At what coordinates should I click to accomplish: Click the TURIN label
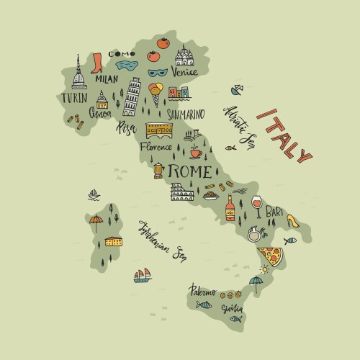(75, 98)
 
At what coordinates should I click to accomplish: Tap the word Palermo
(202, 291)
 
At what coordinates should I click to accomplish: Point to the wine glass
(257, 205)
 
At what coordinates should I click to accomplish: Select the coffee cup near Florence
(194, 152)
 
